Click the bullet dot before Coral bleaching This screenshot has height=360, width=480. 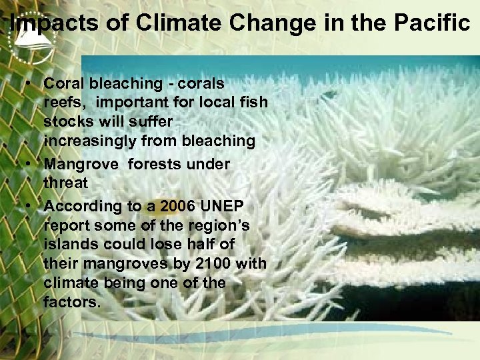(31, 84)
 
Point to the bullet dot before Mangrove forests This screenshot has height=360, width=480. (31, 164)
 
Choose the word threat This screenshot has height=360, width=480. (65, 183)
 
